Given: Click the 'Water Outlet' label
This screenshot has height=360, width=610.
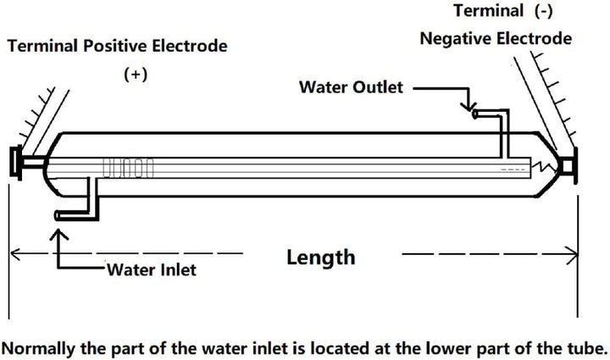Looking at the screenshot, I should pos(352,87).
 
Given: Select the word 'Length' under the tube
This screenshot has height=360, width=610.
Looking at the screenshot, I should pos(320,257).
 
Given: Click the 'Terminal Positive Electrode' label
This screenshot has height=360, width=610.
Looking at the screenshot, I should pos(117,46).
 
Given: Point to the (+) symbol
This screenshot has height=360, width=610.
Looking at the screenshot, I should pos(136,74).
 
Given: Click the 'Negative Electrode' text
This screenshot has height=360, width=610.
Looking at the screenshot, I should pos(496,38).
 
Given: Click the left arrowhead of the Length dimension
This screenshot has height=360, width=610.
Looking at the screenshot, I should pos(14,252).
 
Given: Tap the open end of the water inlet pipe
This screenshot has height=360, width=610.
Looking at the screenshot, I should pos(57,216).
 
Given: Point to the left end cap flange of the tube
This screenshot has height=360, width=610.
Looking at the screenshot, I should pos(15,163).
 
